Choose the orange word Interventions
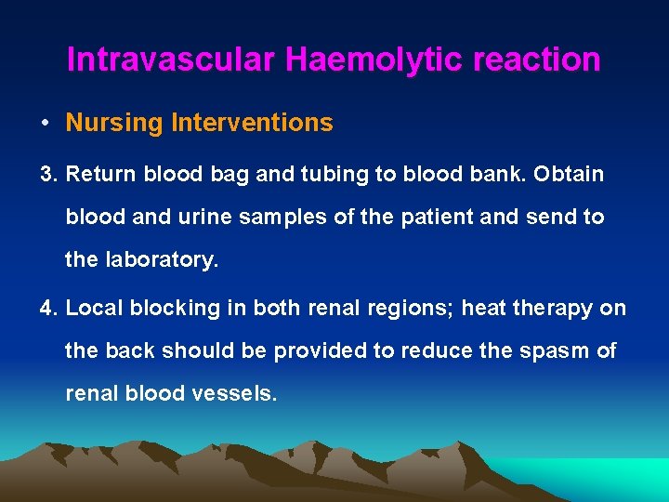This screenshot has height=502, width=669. click(252, 123)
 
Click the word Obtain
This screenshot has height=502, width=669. click(570, 174)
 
